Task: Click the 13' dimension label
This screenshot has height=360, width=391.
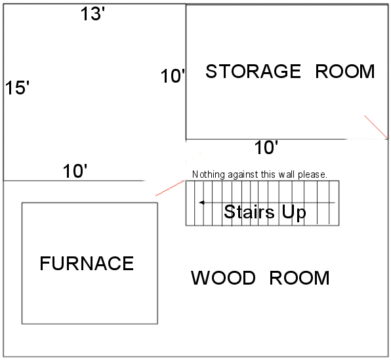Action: point(93,14)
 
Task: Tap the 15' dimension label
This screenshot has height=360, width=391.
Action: point(17,88)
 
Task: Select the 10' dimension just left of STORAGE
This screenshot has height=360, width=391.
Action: point(173,76)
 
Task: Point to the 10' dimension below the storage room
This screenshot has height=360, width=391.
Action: point(266,148)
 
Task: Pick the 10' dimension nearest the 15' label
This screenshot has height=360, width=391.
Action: point(75,171)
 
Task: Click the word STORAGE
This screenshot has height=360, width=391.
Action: point(253,71)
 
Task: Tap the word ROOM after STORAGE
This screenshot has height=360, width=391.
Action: point(345,71)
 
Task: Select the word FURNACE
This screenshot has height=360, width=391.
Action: point(87,263)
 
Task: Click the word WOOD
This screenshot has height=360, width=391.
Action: point(223,278)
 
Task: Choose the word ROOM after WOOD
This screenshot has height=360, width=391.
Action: point(300,278)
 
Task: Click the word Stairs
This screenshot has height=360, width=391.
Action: point(249,212)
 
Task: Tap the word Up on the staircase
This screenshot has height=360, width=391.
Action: point(294,213)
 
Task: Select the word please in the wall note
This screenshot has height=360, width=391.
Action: point(312,174)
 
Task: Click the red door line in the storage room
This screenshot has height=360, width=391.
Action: point(376,127)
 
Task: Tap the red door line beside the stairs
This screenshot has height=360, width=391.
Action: point(170,188)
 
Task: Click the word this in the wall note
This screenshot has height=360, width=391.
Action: point(268,174)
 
